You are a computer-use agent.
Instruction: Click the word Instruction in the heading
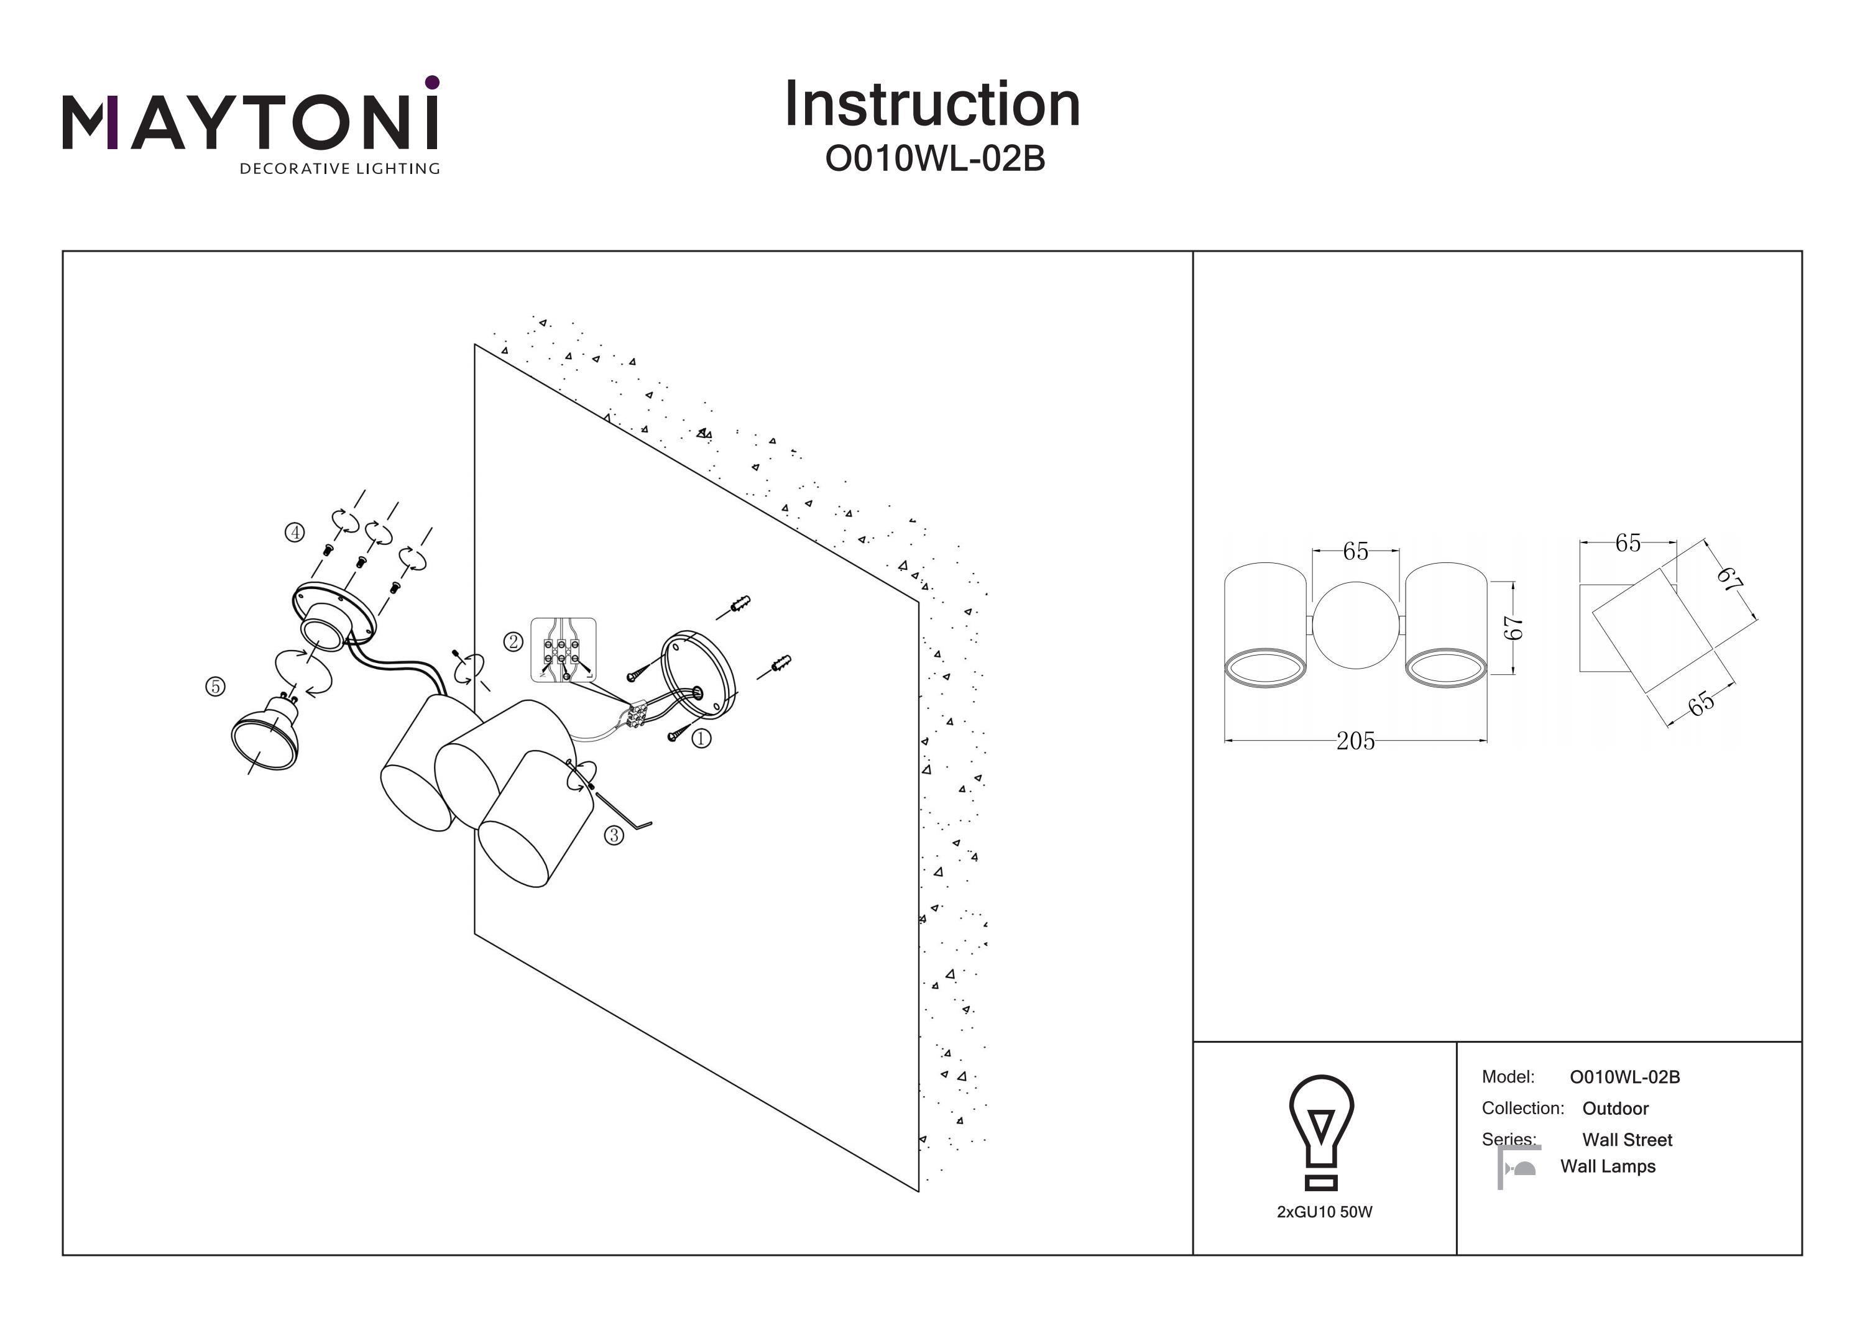pos(932,105)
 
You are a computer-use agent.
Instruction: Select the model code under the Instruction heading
pos(934,159)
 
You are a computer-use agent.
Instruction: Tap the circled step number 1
pos(701,738)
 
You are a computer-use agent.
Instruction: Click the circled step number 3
pos(614,835)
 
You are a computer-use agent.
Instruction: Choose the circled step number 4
pos(294,532)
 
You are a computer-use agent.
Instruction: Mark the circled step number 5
pos(215,686)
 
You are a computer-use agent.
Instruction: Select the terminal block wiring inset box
pos(563,649)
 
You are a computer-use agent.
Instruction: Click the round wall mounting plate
pos(698,674)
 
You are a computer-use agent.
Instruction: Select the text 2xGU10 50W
pos(1324,1212)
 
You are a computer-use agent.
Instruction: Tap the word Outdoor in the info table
pos(1615,1109)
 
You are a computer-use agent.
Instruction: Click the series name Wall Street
pos(1626,1139)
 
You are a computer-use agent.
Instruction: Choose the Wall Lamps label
pos(1608,1166)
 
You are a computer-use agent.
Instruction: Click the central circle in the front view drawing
pos(1356,625)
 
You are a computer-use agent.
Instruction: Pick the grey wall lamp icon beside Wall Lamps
pos(1518,1168)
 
